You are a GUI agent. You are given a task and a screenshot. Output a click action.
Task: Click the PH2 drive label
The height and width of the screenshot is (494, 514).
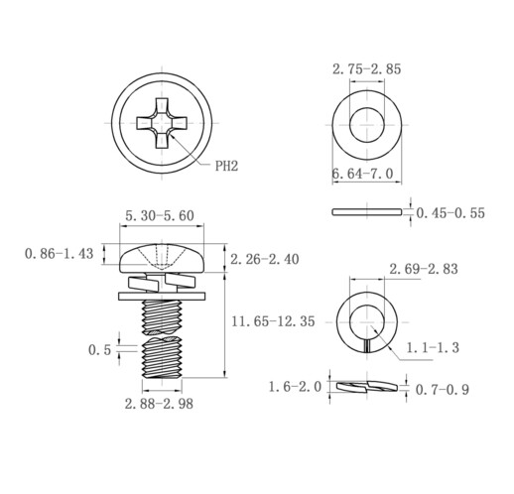(226, 166)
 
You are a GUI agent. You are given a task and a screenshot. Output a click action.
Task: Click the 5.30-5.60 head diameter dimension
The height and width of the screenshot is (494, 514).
(160, 216)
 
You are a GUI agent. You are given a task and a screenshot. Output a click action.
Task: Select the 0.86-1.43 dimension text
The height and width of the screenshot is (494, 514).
(59, 254)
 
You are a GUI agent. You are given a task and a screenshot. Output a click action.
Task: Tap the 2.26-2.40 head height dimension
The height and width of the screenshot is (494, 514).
(265, 259)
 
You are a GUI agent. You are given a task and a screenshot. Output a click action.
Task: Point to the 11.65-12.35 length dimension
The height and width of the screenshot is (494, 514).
(273, 321)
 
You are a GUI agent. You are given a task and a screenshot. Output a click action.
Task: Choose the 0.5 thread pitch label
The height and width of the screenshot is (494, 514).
(99, 350)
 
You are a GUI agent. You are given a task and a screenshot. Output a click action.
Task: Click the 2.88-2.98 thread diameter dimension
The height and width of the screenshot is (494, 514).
(159, 404)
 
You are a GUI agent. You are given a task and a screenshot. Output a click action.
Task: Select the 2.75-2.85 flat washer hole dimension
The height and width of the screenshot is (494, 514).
(366, 69)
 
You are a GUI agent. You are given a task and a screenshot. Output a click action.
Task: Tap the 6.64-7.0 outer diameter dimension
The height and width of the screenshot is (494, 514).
(363, 174)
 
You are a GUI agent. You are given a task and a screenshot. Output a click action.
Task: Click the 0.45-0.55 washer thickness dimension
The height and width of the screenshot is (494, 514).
(450, 213)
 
